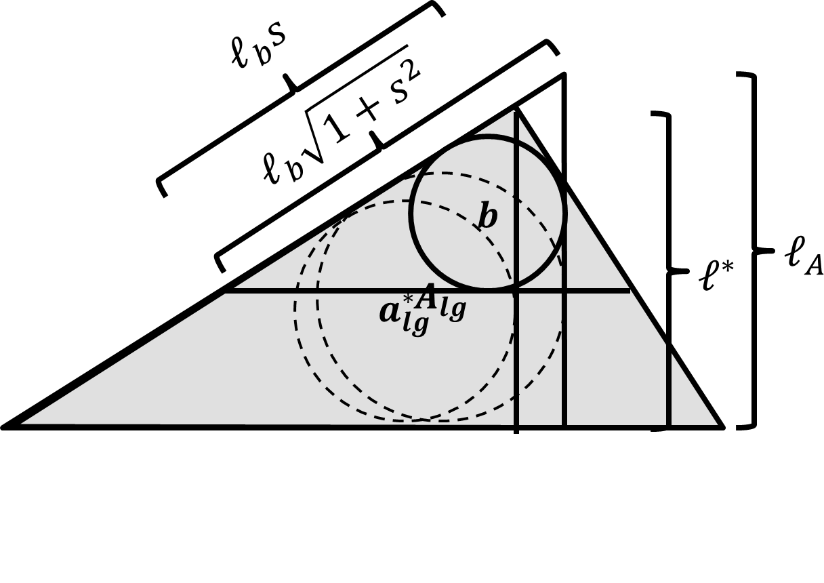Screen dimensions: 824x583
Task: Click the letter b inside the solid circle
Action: [488, 218]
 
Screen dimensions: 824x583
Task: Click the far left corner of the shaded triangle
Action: [5, 427]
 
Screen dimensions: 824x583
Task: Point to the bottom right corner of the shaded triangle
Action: [722, 427]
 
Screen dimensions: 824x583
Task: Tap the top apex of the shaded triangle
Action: [517, 105]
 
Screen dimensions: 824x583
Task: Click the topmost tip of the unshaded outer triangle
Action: [563, 75]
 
